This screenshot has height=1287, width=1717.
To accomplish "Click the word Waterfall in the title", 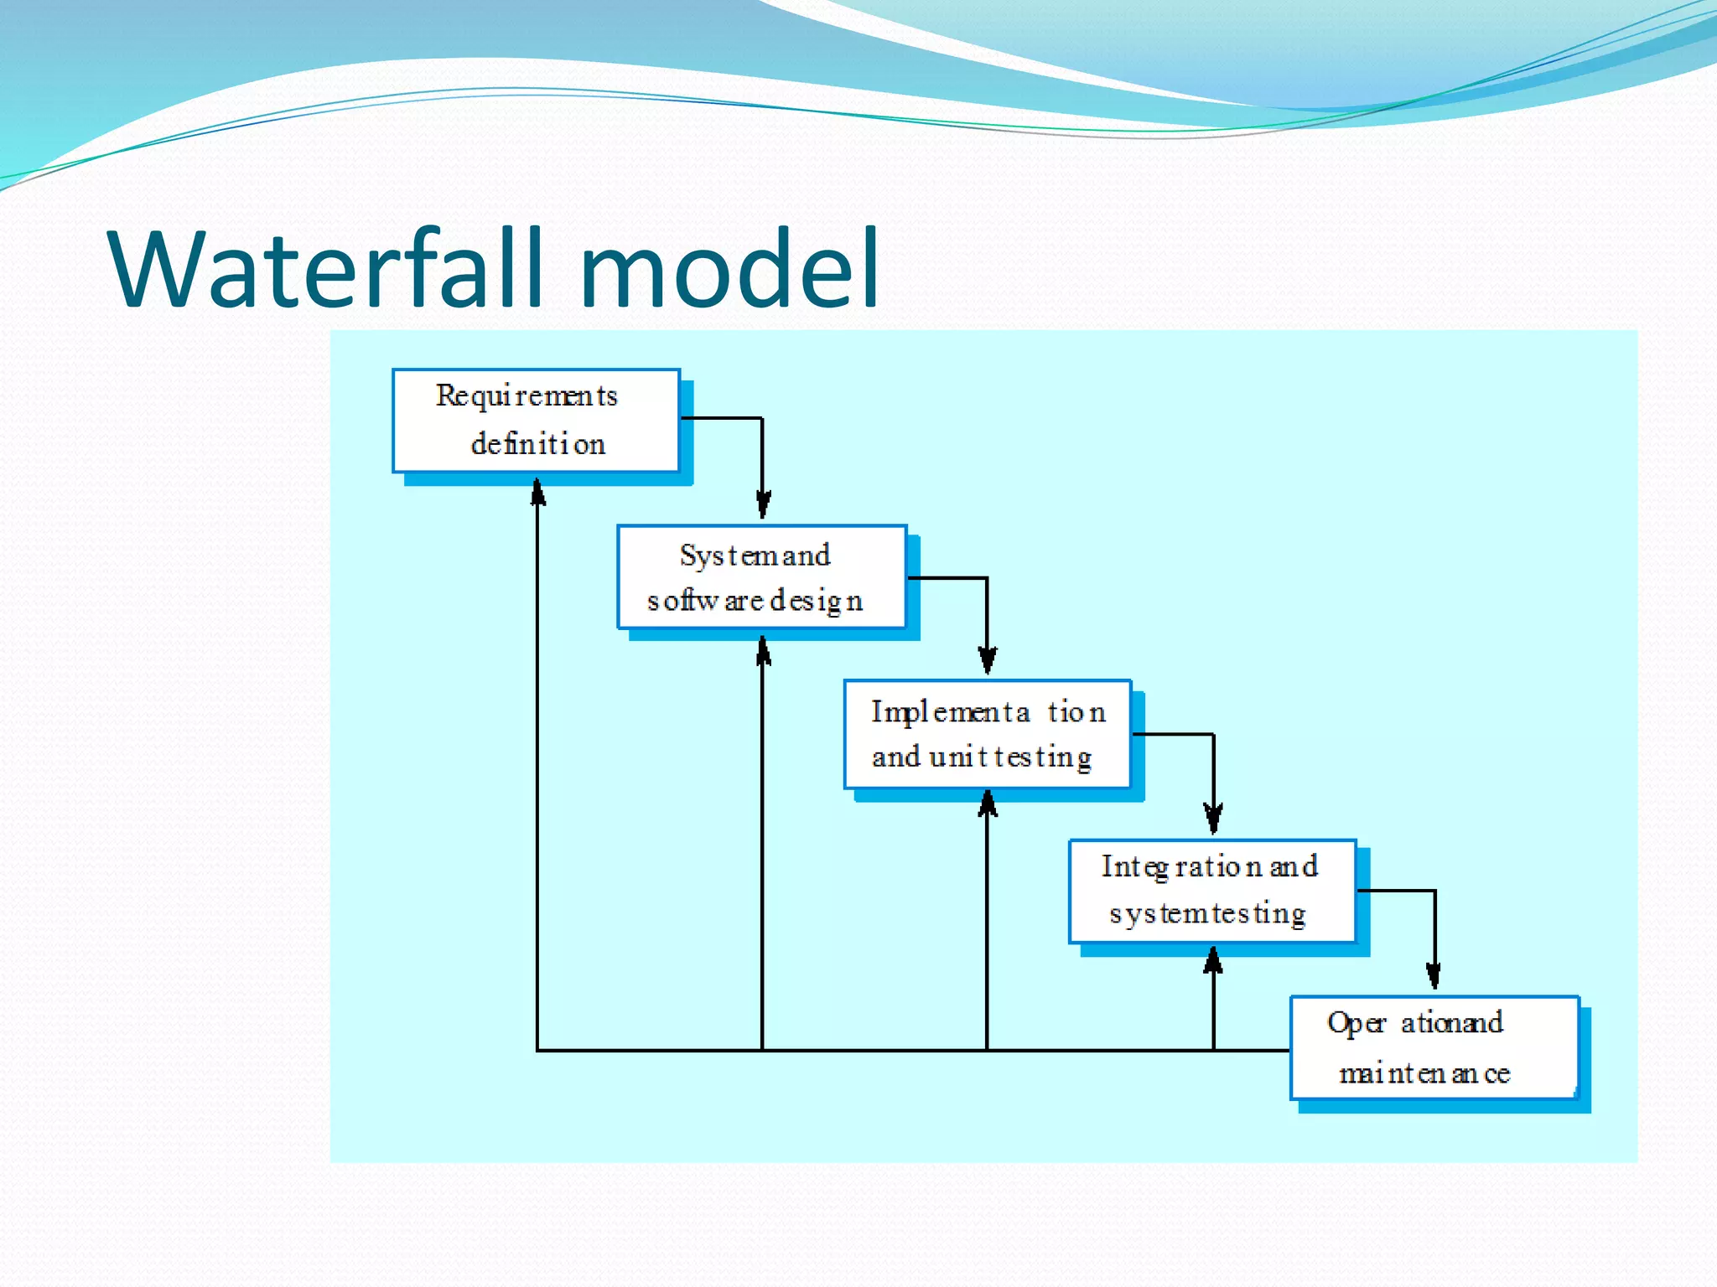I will click(x=335, y=270).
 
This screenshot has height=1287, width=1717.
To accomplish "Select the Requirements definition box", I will click(x=536, y=421).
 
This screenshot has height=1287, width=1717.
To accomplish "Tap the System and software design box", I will click(x=761, y=576).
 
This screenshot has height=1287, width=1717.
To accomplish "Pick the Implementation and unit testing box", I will click(x=988, y=734).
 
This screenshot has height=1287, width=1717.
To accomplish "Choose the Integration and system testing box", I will click(x=1212, y=891).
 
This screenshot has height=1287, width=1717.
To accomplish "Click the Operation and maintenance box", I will click(x=1434, y=1047).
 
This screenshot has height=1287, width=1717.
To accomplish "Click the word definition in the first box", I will click(x=538, y=444).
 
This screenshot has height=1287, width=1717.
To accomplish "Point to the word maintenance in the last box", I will click(x=1424, y=1073).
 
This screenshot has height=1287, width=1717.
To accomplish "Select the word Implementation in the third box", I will click(x=988, y=711).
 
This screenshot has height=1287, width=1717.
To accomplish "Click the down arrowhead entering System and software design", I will click(x=763, y=505).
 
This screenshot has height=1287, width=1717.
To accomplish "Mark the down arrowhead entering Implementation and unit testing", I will click(x=988, y=661).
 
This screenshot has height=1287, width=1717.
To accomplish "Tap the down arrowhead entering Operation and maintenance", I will click(x=1434, y=975).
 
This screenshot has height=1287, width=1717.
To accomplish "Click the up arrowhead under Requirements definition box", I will click(x=537, y=493).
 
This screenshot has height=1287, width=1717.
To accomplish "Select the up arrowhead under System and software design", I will click(x=763, y=651).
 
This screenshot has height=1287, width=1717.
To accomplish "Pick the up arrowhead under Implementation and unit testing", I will click(x=988, y=804).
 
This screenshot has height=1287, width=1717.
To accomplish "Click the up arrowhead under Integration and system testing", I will click(x=1213, y=961).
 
